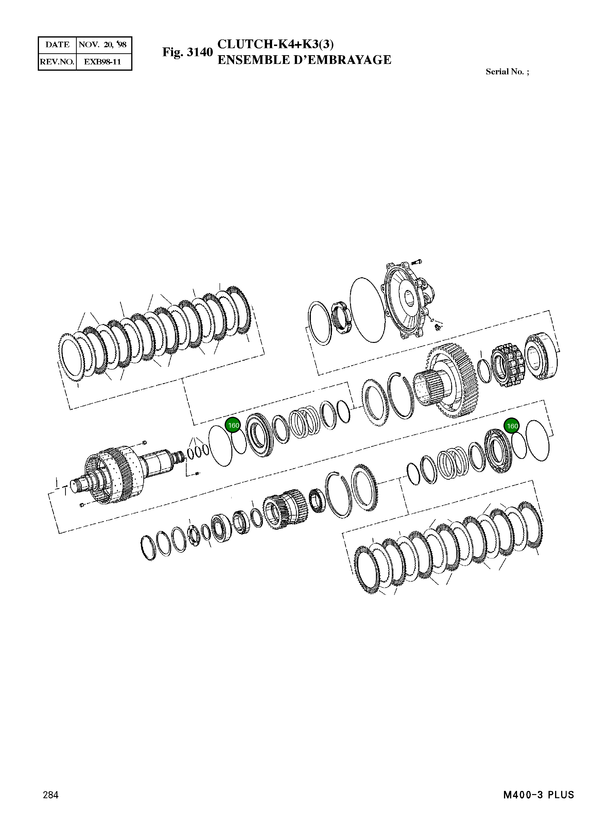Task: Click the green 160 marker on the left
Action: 233,425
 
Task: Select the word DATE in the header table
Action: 57,45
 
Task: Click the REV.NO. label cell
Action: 57,62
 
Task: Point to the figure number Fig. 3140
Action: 188,52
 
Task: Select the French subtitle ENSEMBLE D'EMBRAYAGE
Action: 304,60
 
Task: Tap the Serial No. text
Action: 507,72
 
